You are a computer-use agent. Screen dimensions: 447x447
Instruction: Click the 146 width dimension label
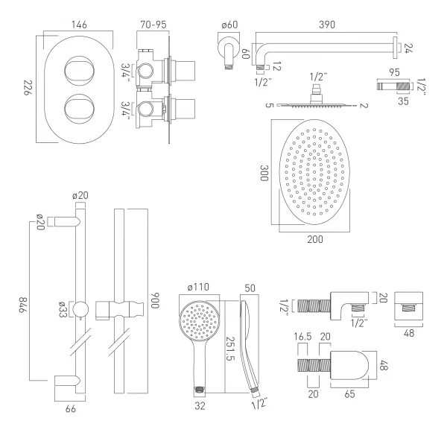(x=80, y=25)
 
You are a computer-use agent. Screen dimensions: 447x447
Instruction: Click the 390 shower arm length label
(x=326, y=25)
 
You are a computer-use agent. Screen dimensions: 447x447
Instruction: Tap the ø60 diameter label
(x=229, y=25)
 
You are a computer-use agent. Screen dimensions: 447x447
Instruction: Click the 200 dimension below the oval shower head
(x=316, y=238)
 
